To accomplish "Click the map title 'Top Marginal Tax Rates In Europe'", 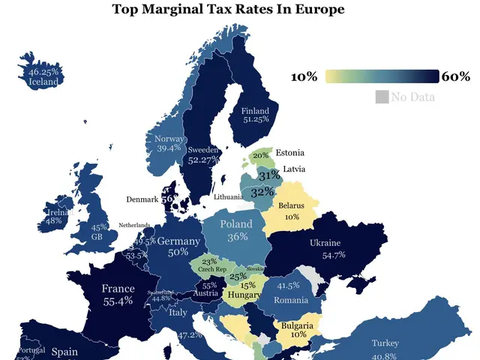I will pyautogui.click(x=239, y=10).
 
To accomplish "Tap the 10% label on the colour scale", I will pyautogui.click(x=304, y=76).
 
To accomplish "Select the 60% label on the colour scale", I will pyautogui.click(x=455, y=76).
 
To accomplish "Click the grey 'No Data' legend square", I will pyautogui.click(x=381, y=97).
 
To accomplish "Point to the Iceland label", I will pyautogui.click(x=43, y=82).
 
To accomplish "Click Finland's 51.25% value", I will pyautogui.click(x=255, y=119).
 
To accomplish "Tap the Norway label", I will pyautogui.click(x=169, y=139).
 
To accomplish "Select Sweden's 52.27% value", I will pyautogui.click(x=203, y=160).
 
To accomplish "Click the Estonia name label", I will pyautogui.click(x=289, y=153).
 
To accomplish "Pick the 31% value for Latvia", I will pyautogui.click(x=268, y=175).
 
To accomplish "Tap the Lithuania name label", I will pyautogui.click(x=229, y=196).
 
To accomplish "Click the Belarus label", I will pyautogui.click(x=292, y=205).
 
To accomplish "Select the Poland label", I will pyautogui.click(x=238, y=223).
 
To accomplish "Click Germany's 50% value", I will pyautogui.click(x=178, y=253).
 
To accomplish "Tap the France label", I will pyautogui.click(x=118, y=289).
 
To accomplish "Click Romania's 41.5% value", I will pyautogui.click(x=288, y=286).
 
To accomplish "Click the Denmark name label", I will pyautogui.click(x=142, y=199).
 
